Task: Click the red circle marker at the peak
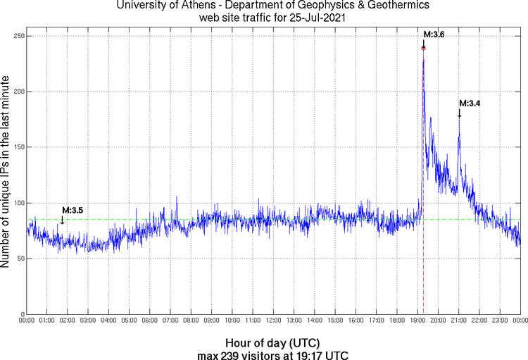point(423,48)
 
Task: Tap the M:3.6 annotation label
point(434,35)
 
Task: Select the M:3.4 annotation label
point(470,104)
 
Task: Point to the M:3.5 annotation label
point(73,210)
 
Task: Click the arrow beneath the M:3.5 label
point(62,220)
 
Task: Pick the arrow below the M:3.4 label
point(459,113)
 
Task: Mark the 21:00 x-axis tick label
point(458,321)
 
